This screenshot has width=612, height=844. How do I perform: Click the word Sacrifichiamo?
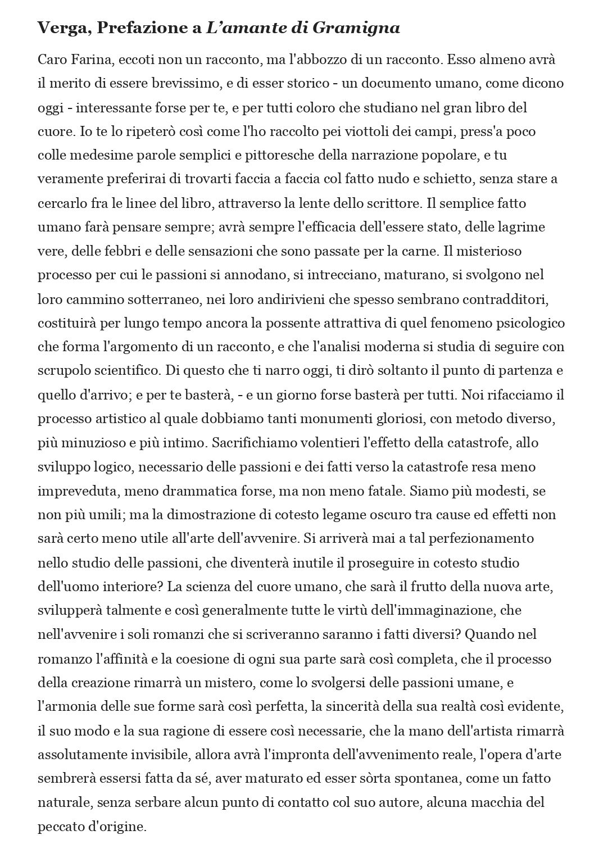point(256,443)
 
